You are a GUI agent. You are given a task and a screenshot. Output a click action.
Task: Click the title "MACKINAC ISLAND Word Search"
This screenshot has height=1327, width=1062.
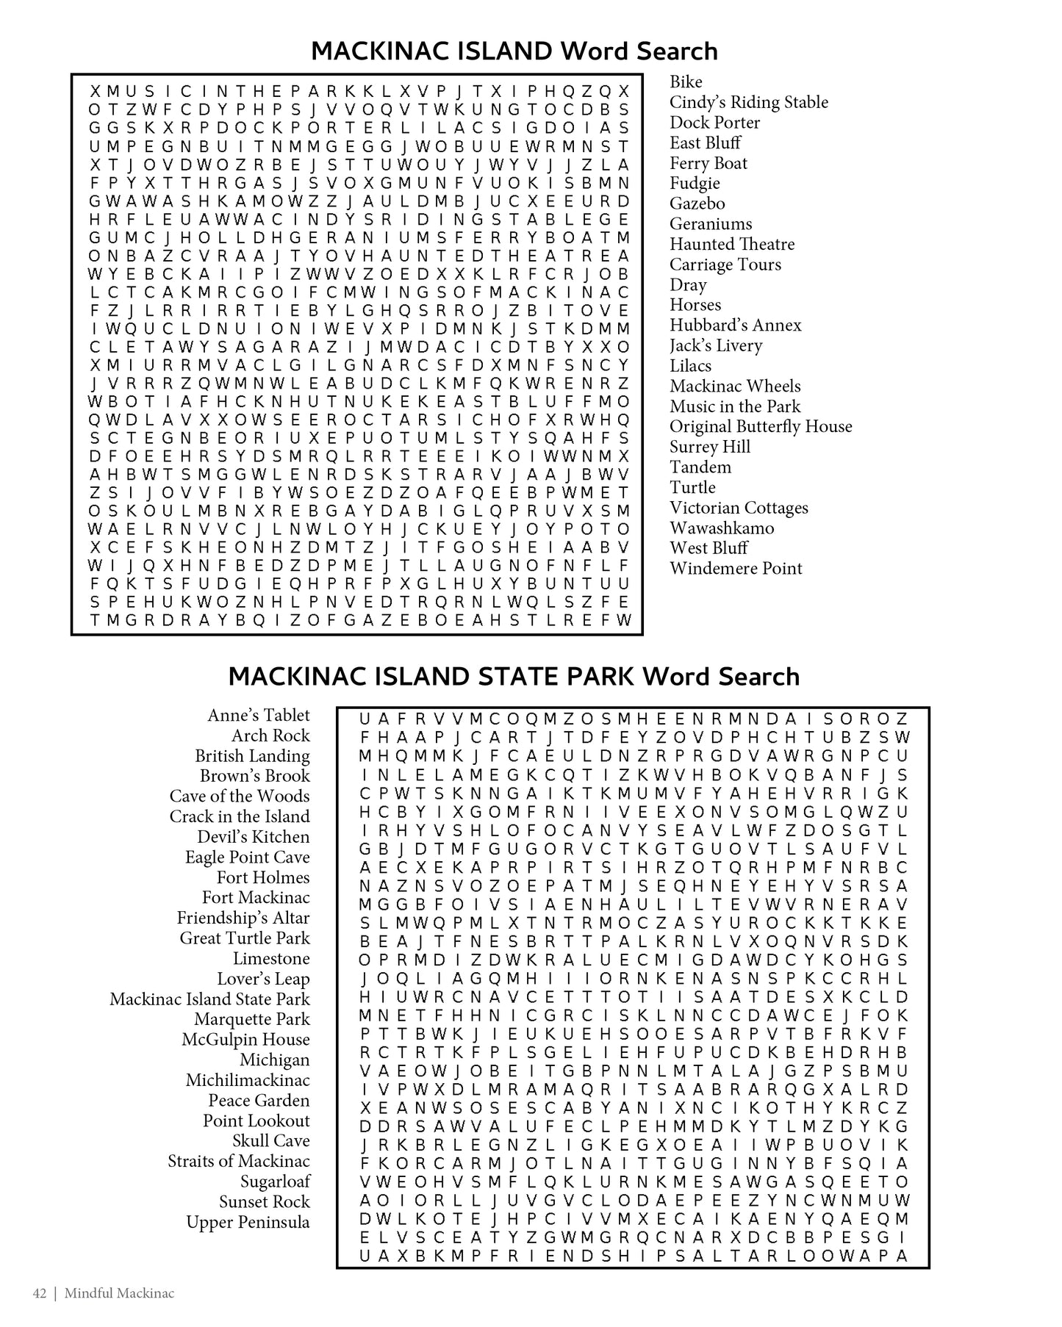[514, 51]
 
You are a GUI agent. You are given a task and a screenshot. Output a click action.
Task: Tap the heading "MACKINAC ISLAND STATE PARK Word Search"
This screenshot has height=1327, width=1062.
[514, 676]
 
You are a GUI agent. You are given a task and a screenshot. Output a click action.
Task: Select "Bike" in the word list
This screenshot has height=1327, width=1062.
[685, 82]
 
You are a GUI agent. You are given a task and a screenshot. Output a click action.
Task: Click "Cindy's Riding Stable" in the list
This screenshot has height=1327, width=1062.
[748, 102]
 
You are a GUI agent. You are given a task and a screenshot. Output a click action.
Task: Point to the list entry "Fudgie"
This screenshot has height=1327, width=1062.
[694, 183]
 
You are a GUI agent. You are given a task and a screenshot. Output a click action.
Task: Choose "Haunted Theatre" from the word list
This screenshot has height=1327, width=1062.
[731, 244]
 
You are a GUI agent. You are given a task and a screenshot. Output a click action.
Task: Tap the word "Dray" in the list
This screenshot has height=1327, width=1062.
[687, 284]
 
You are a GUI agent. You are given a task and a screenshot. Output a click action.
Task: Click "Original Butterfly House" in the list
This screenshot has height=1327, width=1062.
[760, 426]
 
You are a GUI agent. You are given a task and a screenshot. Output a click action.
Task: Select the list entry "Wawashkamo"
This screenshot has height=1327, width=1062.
[721, 528]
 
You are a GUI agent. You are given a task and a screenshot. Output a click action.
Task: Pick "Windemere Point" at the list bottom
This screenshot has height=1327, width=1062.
[735, 568]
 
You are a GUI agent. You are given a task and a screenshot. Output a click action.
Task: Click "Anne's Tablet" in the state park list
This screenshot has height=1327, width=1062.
[258, 715]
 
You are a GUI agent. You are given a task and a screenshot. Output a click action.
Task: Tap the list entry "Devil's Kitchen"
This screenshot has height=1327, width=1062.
[253, 837]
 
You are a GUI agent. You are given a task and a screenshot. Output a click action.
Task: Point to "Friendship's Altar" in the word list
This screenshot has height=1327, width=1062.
[243, 918]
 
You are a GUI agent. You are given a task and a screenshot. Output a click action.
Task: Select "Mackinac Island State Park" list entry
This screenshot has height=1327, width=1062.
[209, 999]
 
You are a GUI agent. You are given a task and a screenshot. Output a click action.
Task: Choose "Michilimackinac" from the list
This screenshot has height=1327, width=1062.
[247, 1080]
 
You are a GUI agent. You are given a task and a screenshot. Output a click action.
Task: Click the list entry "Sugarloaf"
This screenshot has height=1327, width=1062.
[275, 1182]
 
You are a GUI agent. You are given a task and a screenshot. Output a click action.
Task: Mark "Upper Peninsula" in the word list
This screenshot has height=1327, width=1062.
[248, 1222]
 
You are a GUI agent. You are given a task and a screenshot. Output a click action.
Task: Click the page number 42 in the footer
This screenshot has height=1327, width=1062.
[40, 1293]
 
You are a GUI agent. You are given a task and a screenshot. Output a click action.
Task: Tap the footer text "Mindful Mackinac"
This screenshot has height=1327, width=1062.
[119, 1293]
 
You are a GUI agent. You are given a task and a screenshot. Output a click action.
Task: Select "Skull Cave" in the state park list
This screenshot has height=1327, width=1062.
[270, 1141]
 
